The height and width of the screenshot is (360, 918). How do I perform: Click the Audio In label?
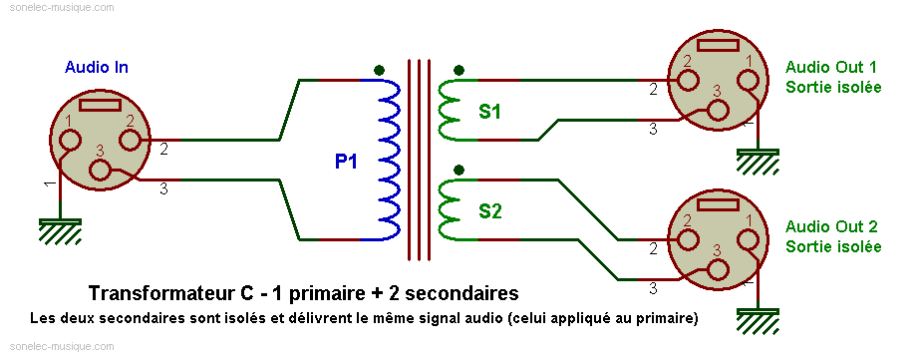coord(97,68)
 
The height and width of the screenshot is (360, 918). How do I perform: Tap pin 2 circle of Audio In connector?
coord(130,141)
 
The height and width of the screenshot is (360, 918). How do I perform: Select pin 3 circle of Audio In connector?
coord(100,171)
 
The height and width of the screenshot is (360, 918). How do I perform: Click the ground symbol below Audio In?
coord(60,231)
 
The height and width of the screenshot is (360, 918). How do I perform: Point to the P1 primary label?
coord(346,162)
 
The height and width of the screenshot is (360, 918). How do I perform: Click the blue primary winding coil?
coord(390,160)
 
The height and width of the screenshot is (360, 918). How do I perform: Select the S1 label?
coord(489,112)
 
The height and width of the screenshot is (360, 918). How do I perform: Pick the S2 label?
coord(490,211)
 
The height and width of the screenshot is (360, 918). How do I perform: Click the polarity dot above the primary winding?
coord(380,70)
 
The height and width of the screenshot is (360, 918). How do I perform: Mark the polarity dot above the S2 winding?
coord(459,171)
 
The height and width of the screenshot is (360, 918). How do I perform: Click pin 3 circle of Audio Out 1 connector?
coord(719,110)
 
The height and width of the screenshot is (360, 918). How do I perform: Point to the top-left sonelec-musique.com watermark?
coord(62,8)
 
